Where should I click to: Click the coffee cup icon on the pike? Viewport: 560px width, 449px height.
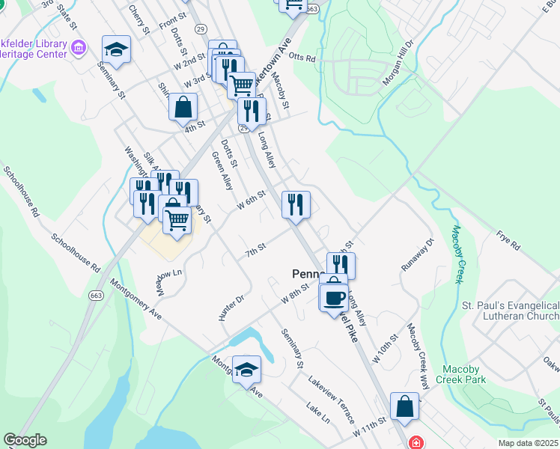(x=335, y=298)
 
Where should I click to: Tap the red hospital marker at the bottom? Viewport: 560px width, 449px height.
(x=416, y=442)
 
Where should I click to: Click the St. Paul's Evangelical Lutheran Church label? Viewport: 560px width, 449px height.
(x=510, y=311)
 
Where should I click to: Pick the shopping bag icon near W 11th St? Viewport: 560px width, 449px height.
(x=404, y=407)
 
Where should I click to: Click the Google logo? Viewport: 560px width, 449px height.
(x=25, y=440)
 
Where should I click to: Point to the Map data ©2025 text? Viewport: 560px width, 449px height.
(x=528, y=443)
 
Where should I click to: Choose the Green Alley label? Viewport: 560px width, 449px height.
(x=223, y=171)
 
